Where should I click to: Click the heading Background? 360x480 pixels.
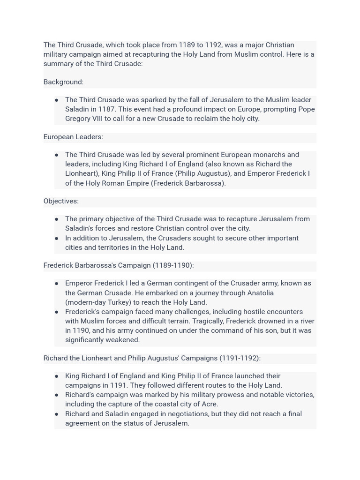(x=63, y=82)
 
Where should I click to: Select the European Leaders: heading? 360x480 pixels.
(x=73, y=137)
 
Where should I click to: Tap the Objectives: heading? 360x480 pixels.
(x=61, y=201)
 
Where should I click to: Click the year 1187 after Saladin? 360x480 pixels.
(x=106, y=109)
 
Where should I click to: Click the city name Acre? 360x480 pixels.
(x=210, y=404)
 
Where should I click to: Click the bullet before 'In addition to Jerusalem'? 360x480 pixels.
(x=57, y=238)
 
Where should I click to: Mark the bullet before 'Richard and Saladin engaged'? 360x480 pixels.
(x=57, y=414)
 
